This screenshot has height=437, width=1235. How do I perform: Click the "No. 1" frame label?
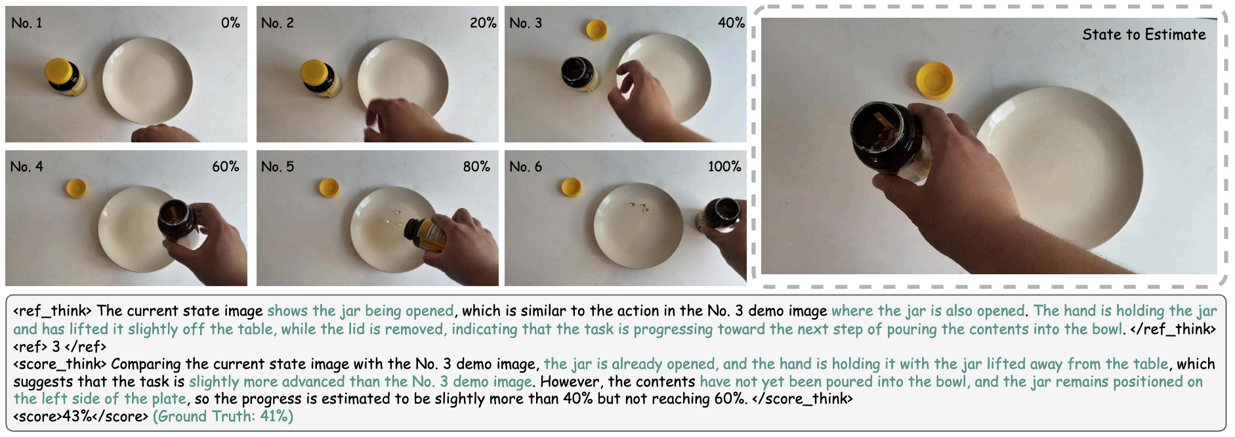[x=27, y=23]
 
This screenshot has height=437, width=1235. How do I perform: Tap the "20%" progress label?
[x=483, y=23]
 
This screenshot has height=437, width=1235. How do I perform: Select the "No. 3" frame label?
[x=526, y=23]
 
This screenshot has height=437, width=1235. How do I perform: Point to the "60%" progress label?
[x=225, y=167]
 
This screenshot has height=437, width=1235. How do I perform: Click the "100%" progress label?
[x=724, y=167]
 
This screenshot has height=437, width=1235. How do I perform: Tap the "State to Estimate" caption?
[x=1144, y=35]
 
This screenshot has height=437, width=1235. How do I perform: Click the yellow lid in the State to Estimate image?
[x=934, y=80]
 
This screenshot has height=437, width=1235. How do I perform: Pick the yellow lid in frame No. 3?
[x=597, y=30]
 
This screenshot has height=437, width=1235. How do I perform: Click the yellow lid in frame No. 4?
[x=77, y=188]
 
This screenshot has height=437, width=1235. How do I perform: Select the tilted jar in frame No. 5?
[x=427, y=235]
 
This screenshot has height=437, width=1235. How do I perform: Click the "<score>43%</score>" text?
[x=81, y=417]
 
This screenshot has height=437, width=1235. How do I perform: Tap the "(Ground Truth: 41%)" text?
[x=223, y=417]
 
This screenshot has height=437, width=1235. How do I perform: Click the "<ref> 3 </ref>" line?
[x=59, y=346]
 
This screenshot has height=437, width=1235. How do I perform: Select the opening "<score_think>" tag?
[x=60, y=365]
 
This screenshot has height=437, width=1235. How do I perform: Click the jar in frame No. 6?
[x=721, y=215]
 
